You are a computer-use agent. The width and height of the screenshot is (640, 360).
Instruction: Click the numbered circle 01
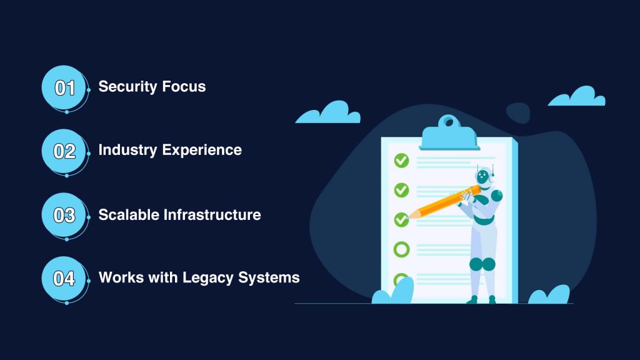click(64, 87)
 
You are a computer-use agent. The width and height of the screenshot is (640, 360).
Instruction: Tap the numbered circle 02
click(64, 151)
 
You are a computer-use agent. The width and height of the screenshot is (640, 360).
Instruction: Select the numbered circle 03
click(64, 215)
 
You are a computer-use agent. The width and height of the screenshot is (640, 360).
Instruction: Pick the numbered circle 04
click(64, 279)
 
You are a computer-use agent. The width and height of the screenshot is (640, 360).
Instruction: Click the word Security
click(127, 87)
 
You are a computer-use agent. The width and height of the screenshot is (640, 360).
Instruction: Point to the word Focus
click(184, 86)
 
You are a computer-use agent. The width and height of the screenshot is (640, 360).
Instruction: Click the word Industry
click(127, 150)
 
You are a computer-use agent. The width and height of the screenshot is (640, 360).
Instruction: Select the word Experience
click(202, 151)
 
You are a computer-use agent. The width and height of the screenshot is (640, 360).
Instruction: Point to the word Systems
click(269, 278)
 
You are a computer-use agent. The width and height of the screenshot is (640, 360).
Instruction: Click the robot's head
click(484, 177)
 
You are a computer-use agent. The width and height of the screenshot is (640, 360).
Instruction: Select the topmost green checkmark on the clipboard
click(402, 161)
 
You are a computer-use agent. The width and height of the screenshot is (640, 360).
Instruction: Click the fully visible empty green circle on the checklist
click(402, 249)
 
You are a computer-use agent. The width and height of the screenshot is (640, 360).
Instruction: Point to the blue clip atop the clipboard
click(449, 132)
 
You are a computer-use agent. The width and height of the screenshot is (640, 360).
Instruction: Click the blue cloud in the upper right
click(577, 97)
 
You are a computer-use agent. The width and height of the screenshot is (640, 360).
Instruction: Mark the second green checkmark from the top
click(402, 190)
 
